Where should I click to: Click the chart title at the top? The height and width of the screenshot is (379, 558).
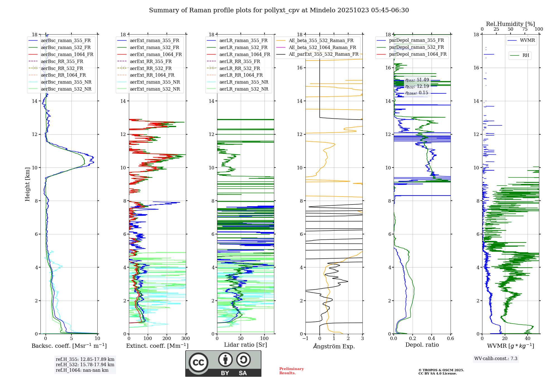click(279, 10)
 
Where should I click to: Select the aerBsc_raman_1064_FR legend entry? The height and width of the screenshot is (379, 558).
click(67, 54)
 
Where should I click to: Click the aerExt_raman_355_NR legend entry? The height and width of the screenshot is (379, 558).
click(155, 82)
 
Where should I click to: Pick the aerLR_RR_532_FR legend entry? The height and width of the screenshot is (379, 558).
click(239, 68)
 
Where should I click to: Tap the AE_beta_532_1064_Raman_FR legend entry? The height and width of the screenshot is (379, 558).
click(322, 47)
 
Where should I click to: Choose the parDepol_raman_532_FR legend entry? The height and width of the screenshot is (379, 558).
click(416, 47)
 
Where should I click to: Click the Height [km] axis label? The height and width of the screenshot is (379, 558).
click(27, 184)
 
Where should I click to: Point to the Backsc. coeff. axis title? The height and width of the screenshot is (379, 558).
click(69, 346)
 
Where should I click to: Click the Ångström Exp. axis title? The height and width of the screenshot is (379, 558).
click(334, 346)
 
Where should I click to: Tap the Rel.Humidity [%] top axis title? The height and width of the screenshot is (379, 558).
click(510, 24)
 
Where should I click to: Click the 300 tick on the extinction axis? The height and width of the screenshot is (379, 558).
click(186, 339)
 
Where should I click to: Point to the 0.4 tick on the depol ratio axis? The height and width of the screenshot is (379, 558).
click(432, 339)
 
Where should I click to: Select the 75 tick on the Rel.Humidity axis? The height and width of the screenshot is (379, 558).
click(525, 29)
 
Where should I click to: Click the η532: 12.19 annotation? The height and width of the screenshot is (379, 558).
click(417, 86)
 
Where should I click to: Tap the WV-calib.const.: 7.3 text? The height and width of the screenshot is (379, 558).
click(496, 359)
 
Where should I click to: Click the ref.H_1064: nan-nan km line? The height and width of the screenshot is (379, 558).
click(82, 370)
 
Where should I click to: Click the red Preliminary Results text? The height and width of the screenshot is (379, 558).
click(291, 371)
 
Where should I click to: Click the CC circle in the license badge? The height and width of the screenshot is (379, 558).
click(198, 363)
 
